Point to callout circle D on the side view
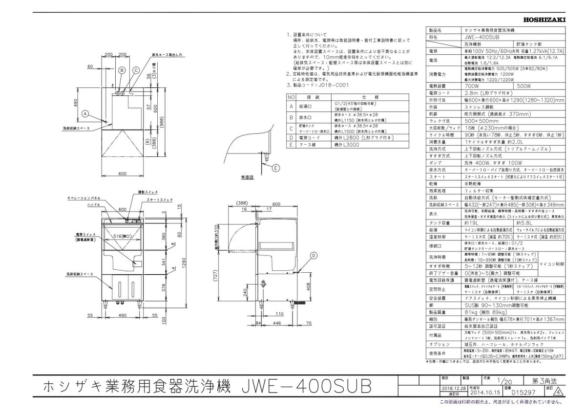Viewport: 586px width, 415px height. pos(313,255)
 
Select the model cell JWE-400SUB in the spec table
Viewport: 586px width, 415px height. pos(483,36)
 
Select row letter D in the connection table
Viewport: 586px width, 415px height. pos(291,138)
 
